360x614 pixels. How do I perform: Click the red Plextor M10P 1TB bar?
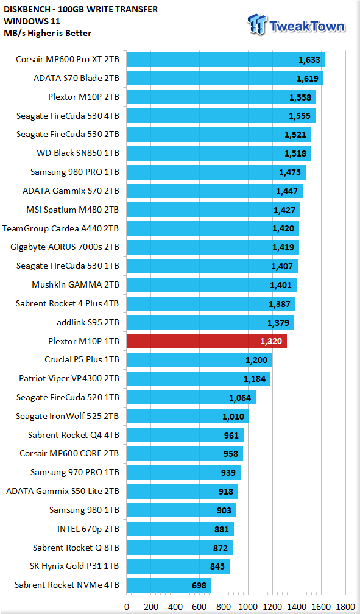pyautogui.click(x=206, y=341)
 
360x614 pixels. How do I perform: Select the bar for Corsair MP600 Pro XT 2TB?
pyautogui.click(x=225, y=60)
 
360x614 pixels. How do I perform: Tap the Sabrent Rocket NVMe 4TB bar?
pyautogui.click(x=169, y=585)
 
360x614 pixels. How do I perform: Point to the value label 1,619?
pyautogui.click(x=308, y=79)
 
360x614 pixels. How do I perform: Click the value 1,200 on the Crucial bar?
pyautogui.click(x=256, y=360)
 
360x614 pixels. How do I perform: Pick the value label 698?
pyautogui.click(x=199, y=586)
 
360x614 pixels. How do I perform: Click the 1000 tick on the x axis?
pyautogui.click(x=249, y=607)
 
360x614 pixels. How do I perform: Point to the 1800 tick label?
pyautogui.click(x=345, y=607)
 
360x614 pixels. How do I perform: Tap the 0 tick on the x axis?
pyautogui.click(x=127, y=607)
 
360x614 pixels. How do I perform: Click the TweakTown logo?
pyautogui.click(x=296, y=24)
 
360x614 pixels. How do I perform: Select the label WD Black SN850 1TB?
pyautogui.click(x=78, y=153)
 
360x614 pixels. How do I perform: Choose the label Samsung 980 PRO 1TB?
pyautogui.click(x=75, y=172)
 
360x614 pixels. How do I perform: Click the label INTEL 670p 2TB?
pyautogui.click(x=88, y=529)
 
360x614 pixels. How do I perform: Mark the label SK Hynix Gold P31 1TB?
pyautogui.click(x=74, y=566)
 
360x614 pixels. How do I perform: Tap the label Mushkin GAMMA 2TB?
pyautogui.click(x=76, y=284)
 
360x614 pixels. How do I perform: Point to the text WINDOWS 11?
pyautogui.click(x=26, y=21)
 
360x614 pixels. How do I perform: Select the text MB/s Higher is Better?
pyautogui.click(x=48, y=33)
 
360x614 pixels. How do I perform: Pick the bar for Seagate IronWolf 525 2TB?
pyautogui.click(x=188, y=416)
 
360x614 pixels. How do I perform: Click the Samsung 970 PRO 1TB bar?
pyautogui.click(x=183, y=473)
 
